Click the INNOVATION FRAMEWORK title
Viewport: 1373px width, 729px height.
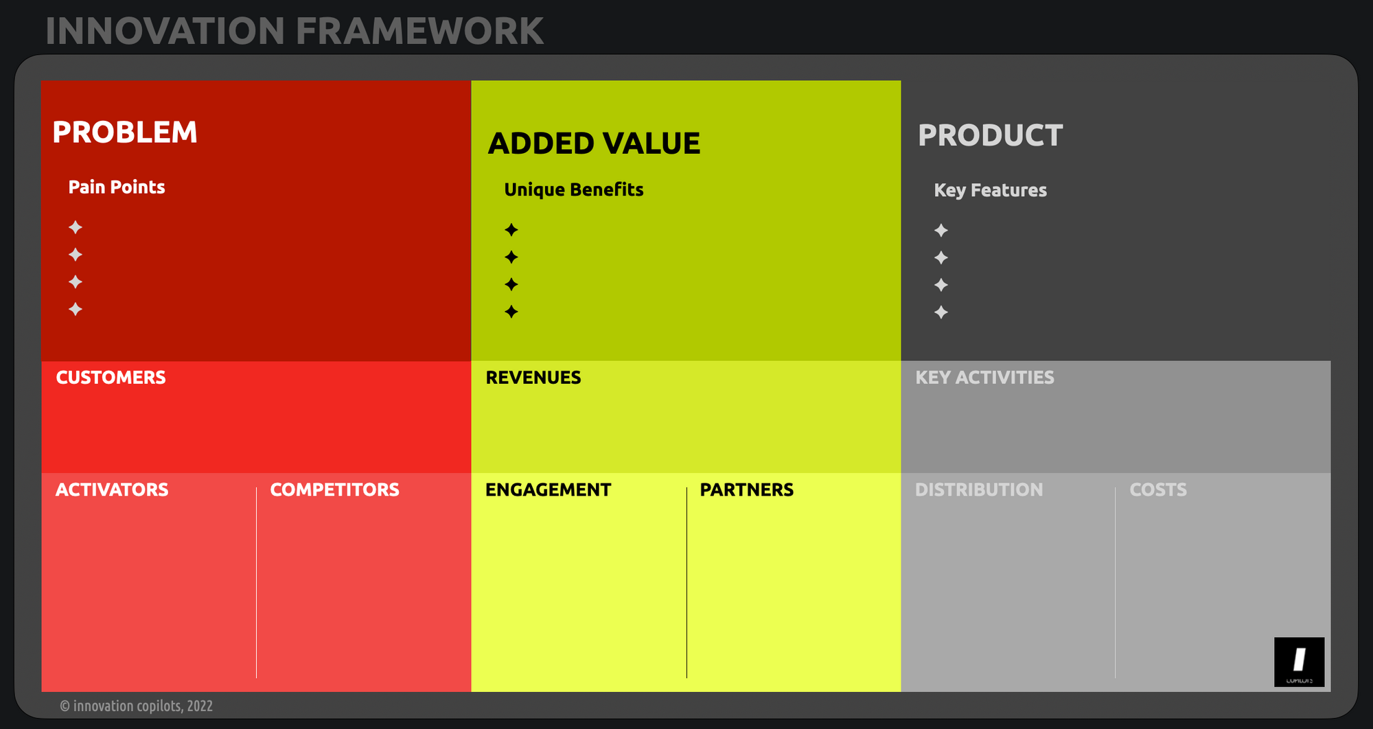(x=295, y=32)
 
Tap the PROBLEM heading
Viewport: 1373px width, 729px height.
(x=125, y=132)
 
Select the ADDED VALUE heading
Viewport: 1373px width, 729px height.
(x=594, y=143)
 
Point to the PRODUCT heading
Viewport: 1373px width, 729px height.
(x=991, y=135)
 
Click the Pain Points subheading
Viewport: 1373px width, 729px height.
(x=117, y=187)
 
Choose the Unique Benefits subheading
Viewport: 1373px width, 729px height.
(x=574, y=190)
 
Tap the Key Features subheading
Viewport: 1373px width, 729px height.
(x=990, y=190)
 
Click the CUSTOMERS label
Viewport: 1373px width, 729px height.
(x=111, y=378)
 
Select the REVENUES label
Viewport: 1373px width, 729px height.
(x=533, y=378)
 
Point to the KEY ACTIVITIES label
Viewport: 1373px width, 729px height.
(x=984, y=378)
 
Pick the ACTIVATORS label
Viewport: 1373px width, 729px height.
(x=112, y=490)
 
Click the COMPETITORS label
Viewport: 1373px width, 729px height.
(x=334, y=490)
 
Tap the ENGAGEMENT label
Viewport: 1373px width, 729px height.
(x=548, y=490)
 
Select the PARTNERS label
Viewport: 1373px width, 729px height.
(x=746, y=490)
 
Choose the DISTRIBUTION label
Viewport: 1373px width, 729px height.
(x=979, y=490)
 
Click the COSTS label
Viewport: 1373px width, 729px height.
(x=1158, y=490)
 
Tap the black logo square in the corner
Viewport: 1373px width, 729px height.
(x=1299, y=662)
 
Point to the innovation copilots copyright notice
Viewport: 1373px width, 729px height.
(x=136, y=706)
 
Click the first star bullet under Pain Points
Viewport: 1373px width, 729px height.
(x=76, y=227)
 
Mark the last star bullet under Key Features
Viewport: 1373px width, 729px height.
(x=941, y=312)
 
